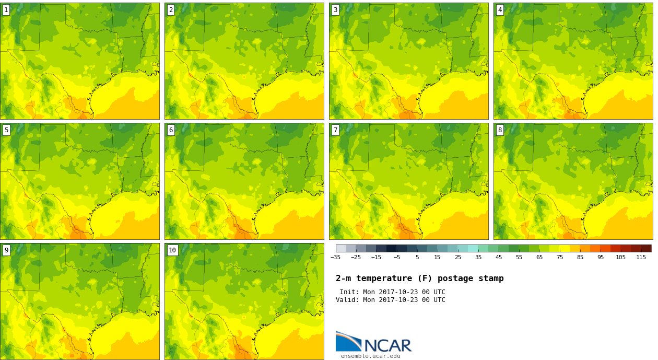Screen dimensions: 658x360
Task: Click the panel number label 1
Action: (x=6, y=10)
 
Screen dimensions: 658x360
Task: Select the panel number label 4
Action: (x=500, y=10)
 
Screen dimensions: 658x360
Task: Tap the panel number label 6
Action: (x=171, y=130)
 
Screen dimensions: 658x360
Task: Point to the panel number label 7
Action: (x=335, y=130)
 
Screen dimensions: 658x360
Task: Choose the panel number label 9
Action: (x=6, y=250)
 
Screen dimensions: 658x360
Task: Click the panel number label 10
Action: (x=172, y=250)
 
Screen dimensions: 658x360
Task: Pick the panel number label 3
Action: (x=335, y=10)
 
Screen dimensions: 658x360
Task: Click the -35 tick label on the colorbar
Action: (x=335, y=258)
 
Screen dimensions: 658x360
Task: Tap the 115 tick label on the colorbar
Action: (x=641, y=258)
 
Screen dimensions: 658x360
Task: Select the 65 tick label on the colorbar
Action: (x=539, y=258)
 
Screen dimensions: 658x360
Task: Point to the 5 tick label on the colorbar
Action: (x=417, y=258)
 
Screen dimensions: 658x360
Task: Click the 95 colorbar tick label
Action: (x=601, y=258)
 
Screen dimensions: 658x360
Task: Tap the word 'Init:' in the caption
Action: (x=349, y=292)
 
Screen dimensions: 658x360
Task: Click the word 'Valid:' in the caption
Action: (x=347, y=300)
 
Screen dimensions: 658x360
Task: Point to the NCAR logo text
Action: (x=388, y=345)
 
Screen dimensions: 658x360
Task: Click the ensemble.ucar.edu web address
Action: (x=371, y=356)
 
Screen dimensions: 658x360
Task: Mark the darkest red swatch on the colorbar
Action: (x=647, y=249)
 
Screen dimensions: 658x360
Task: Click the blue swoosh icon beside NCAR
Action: (x=349, y=341)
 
